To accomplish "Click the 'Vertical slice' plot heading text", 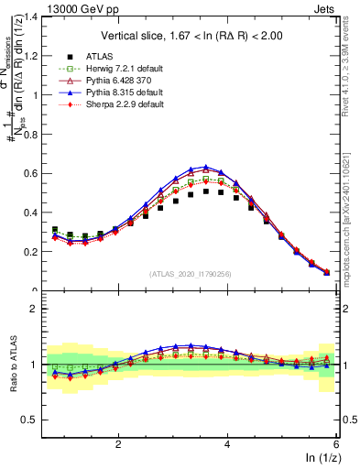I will [192, 36].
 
